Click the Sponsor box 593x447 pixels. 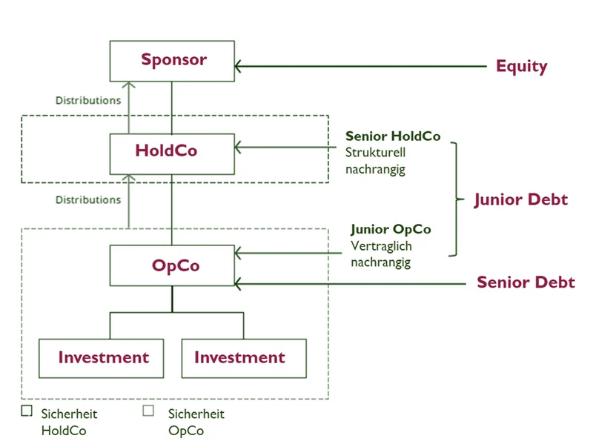[x=173, y=60]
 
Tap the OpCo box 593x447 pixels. [x=172, y=265]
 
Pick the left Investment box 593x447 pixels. [x=102, y=358]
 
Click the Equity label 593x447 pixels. [x=521, y=67]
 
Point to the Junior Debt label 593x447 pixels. [x=521, y=199]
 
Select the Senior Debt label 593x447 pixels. [x=526, y=282]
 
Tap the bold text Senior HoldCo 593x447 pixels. [x=393, y=136]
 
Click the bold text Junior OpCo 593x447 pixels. [x=391, y=230]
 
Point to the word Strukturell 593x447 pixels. [x=376, y=153]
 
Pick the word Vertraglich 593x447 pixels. [x=381, y=246]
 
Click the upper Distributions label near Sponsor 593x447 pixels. [x=88, y=100]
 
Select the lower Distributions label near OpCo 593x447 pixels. [x=88, y=199]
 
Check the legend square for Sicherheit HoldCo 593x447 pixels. [x=27, y=410]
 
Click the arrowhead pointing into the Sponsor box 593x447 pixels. [x=239, y=67]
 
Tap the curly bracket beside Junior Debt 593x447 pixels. [x=454, y=199]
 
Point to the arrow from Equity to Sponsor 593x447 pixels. [x=363, y=67]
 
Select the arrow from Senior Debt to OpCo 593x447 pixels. [x=356, y=282]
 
